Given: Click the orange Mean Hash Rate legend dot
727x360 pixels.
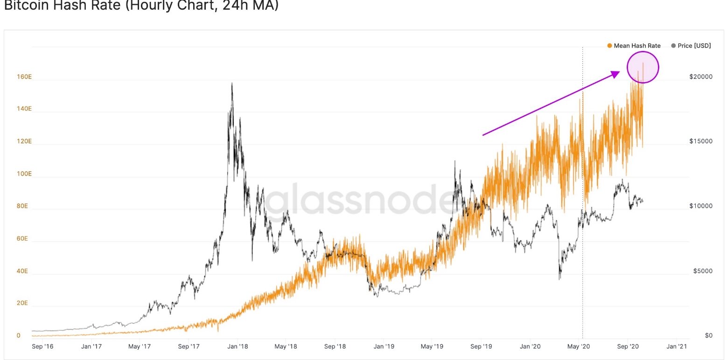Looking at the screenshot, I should [x=609, y=46].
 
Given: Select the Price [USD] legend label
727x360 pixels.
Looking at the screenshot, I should [x=694, y=46].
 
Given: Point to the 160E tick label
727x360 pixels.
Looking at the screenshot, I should [x=24, y=77].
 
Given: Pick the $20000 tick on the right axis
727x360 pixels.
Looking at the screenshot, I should [x=700, y=77].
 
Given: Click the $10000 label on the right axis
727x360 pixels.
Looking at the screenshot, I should [x=700, y=206].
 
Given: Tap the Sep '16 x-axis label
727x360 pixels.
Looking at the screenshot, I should [x=42, y=346].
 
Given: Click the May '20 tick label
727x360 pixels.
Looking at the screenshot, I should [x=579, y=346].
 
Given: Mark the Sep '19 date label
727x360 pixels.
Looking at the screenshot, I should [x=481, y=346].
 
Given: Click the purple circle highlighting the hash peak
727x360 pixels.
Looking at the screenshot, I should [x=643, y=67].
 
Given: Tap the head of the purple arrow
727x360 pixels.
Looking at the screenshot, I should [x=618, y=72].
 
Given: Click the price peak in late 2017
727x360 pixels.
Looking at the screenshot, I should [x=232, y=84].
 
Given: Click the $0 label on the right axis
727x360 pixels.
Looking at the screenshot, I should [x=708, y=336].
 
